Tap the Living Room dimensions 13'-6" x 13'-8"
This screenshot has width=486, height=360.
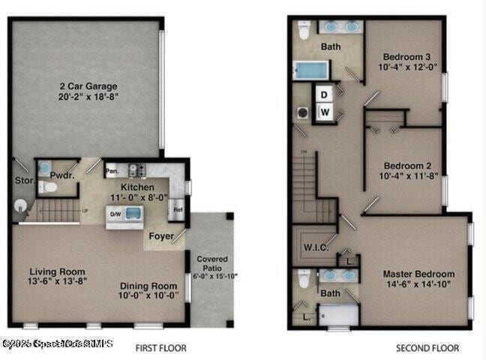[57, 281]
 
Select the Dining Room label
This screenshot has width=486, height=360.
[149, 286]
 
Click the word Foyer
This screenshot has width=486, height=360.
[160, 236]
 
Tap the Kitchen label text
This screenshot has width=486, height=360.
[138, 187]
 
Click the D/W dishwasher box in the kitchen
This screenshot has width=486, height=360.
[116, 214]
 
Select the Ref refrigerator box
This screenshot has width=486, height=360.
[178, 210]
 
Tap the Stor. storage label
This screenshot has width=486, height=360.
[23, 180]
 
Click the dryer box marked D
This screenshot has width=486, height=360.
[324, 94]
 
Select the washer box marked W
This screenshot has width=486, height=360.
[324, 112]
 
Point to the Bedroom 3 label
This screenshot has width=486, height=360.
[406, 57]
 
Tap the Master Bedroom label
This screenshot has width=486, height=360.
[418, 274]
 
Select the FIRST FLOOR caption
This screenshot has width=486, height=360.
[160, 348]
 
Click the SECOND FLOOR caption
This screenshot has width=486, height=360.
[426, 348]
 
